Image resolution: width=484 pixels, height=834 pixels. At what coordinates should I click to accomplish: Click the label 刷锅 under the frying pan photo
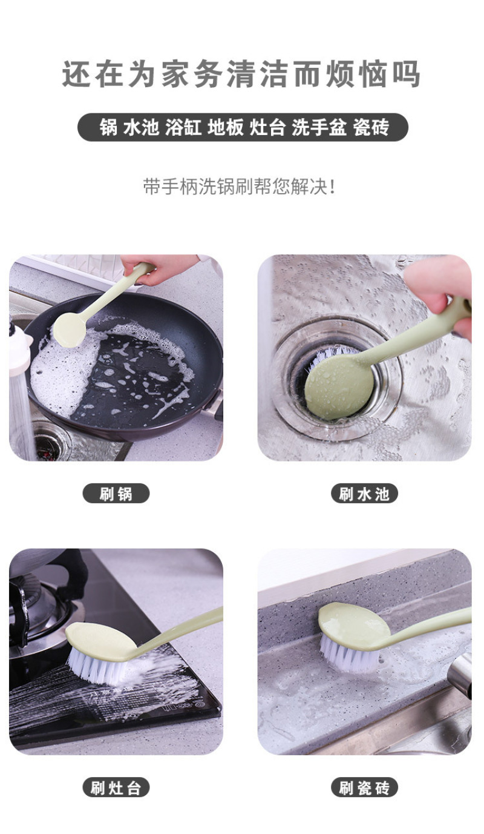[116, 494]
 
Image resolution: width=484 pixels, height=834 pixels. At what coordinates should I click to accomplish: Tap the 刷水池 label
[364, 494]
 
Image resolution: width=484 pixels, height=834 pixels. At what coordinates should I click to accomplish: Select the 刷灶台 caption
[116, 788]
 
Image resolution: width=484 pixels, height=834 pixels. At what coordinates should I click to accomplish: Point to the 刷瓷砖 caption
[364, 788]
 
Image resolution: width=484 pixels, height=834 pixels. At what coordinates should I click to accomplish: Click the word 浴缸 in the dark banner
[183, 127]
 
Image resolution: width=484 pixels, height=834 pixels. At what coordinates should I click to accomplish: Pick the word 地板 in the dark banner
[226, 127]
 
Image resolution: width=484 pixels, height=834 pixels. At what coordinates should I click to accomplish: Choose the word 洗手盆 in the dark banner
[319, 127]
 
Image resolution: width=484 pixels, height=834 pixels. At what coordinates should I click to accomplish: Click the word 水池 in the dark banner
[141, 127]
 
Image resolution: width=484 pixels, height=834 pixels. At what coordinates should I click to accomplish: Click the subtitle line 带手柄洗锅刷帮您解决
[239, 186]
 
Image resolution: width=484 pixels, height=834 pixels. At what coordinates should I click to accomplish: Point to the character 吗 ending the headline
[406, 74]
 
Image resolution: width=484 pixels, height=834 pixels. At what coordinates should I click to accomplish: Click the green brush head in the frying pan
[70, 329]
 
